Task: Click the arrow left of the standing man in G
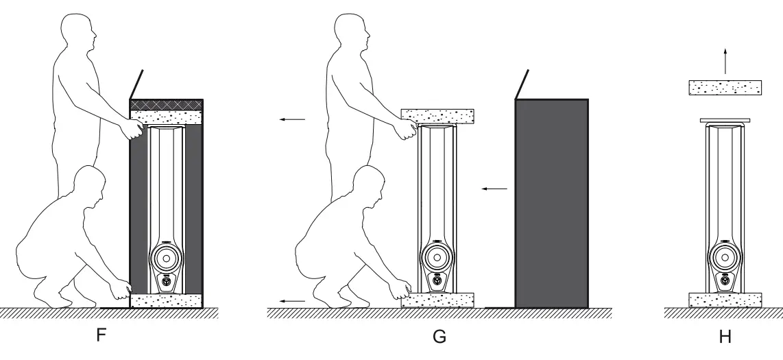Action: click(x=292, y=119)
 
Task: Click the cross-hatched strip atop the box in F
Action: click(x=165, y=104)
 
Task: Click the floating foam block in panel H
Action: click(x=725, y=88)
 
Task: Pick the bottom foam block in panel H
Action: click(x=725, y=300)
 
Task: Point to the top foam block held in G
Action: click(x=436, y=116)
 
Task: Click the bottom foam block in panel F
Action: click(x=165, y=300)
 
